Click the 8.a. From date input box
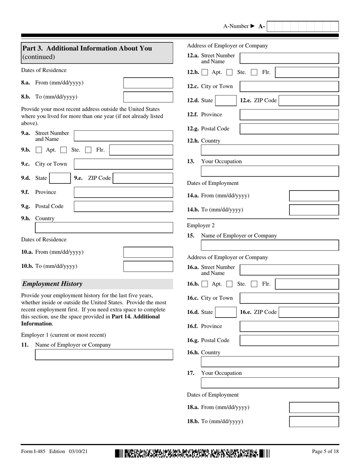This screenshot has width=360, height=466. tap(148, 83)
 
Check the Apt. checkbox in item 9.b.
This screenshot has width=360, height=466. tap(39, 150)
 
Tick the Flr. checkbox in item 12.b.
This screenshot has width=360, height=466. tap(254, 72)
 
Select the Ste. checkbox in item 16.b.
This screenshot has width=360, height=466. tap(229, 284)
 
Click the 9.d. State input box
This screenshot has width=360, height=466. tap(60, 178)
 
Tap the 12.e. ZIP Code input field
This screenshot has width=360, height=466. tap(309, 100)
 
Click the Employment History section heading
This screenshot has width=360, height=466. tap(52, 284)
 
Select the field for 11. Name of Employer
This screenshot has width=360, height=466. tap(104, 355)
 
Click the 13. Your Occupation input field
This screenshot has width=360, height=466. tap(269, 171)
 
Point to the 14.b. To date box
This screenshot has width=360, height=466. tap(314, 210)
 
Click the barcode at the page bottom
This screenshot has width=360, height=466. tap(193, 453)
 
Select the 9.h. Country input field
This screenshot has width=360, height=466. tap(104, 228)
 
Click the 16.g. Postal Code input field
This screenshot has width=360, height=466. tap(289, 340)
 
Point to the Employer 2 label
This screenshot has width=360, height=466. tap(200, 225)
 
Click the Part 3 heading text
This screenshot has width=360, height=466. tap(87, 48)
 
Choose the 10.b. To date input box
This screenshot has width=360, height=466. tap(148, 266)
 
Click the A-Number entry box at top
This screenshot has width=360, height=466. tap(303, 27)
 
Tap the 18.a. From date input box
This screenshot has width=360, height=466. tap(314, 408)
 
